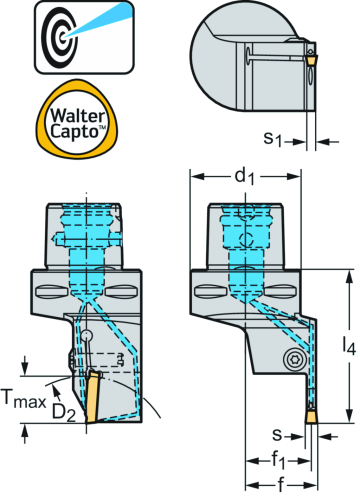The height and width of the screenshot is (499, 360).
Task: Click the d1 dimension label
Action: [x=245, y=176]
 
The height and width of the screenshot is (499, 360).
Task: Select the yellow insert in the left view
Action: [x=91, y=394]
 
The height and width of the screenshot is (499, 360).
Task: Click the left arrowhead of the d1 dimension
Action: [x=194, y=176]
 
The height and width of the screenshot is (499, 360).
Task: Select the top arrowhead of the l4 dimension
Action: [x=346, y=272]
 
